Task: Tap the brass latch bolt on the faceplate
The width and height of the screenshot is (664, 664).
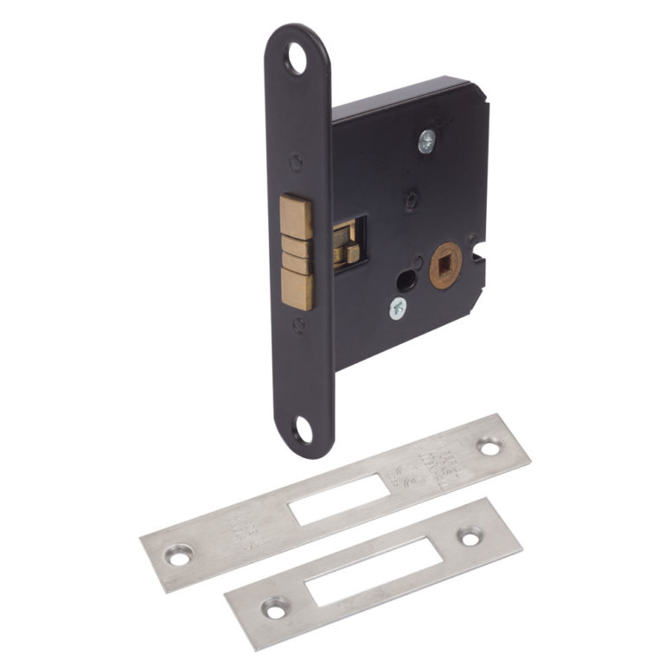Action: coord(297,252)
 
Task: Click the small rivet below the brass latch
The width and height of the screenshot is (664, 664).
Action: coord(298,324)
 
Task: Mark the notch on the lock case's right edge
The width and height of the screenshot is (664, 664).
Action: coord(481,256)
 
